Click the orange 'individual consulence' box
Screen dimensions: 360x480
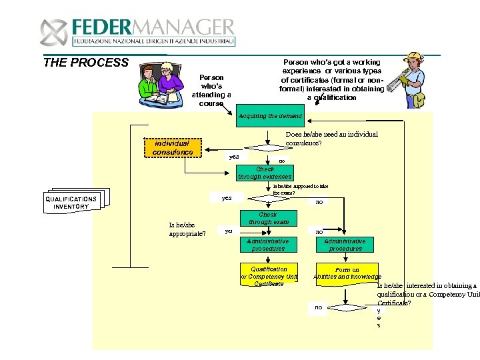click(172, 147)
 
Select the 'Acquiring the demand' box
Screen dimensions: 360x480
click(270, 116)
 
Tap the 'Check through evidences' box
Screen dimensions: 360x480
click(265, 173)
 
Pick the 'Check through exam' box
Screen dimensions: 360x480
click(267, 219)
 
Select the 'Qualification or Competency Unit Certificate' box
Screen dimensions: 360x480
click(269, 277)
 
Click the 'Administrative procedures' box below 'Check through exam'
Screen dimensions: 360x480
click(267, 245)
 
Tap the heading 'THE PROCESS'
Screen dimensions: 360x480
click(85, 63)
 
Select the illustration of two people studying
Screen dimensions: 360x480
click(161, 84)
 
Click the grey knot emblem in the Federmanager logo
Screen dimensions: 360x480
click(53, 31)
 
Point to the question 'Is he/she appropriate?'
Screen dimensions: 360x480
click(187, 229)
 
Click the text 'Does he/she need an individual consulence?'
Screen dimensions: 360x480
click(331, 138)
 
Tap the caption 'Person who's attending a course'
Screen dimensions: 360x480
click(211, 90)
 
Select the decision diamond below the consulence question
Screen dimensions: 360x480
click(265, 151)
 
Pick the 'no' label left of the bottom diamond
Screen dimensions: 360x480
click(318, 307)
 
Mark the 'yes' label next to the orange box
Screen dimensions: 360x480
click(234, 157)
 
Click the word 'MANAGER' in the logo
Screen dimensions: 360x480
click(194, 28)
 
